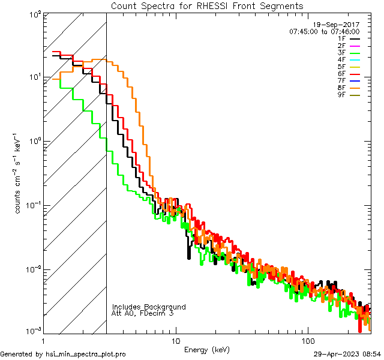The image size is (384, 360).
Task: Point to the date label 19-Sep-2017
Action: click(339, 25)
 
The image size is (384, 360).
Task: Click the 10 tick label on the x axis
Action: click(175, 341)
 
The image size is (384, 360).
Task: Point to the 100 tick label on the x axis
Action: click(308, 341)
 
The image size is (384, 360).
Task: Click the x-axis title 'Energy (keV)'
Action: click(206, 349)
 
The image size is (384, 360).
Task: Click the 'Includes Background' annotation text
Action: click(149, 307)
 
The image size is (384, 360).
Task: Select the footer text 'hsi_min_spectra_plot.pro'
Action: click(86, 354)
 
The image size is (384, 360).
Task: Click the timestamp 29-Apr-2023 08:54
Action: click(347, 354)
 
